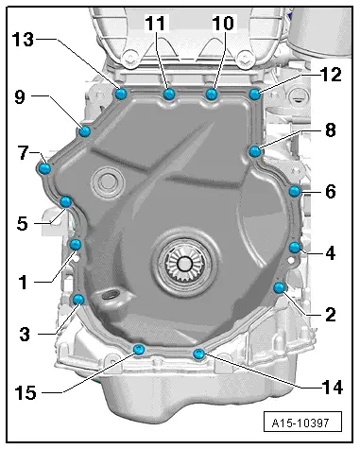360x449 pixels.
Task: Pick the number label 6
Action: (330, 191)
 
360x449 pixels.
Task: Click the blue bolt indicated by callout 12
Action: (254, 94)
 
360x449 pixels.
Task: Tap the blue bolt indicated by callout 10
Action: (211, 95)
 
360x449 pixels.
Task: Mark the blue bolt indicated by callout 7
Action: (43, 168)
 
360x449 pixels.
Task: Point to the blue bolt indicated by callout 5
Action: (65, 201)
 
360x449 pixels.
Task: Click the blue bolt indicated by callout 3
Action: (78, 300)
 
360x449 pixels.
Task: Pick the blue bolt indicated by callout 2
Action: (279, 287)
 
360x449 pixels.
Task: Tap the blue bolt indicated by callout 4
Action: (294, 248)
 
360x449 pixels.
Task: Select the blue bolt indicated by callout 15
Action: (139, 351)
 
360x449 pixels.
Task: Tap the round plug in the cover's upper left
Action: (107, 181)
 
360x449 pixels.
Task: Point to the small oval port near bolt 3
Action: (112, 299)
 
